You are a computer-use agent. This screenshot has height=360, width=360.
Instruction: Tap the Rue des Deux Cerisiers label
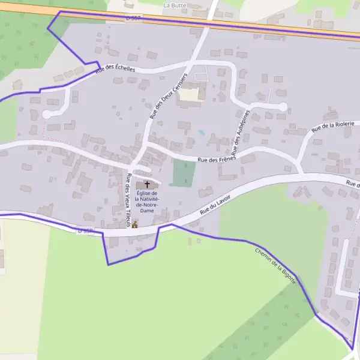pos(169,97)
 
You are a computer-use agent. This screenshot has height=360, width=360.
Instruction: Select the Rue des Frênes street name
pos(217,160)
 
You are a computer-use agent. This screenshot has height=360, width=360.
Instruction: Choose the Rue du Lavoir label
pos(217,205)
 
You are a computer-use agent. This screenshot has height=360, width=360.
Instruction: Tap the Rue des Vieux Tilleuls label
pos(128,200)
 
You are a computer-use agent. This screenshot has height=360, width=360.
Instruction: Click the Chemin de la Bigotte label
pos(275,266)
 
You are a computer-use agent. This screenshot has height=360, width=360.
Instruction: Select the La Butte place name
pos(175,4)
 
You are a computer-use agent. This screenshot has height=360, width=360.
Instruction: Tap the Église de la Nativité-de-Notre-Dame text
pos(147,202)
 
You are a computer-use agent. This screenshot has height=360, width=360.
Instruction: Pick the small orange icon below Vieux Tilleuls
pos(135,224)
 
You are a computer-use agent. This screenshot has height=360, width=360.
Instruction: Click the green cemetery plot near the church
pos(184,173)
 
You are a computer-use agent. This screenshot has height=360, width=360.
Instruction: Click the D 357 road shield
pos(134,19)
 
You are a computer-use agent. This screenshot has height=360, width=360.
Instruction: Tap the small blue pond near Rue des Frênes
pos(202,132)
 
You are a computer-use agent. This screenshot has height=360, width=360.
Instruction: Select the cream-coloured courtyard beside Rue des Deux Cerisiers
pos(190,95)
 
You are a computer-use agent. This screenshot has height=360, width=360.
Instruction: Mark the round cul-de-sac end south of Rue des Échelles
pos(46,114)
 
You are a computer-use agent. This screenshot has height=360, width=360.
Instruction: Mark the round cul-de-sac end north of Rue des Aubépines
pos(283,107)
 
